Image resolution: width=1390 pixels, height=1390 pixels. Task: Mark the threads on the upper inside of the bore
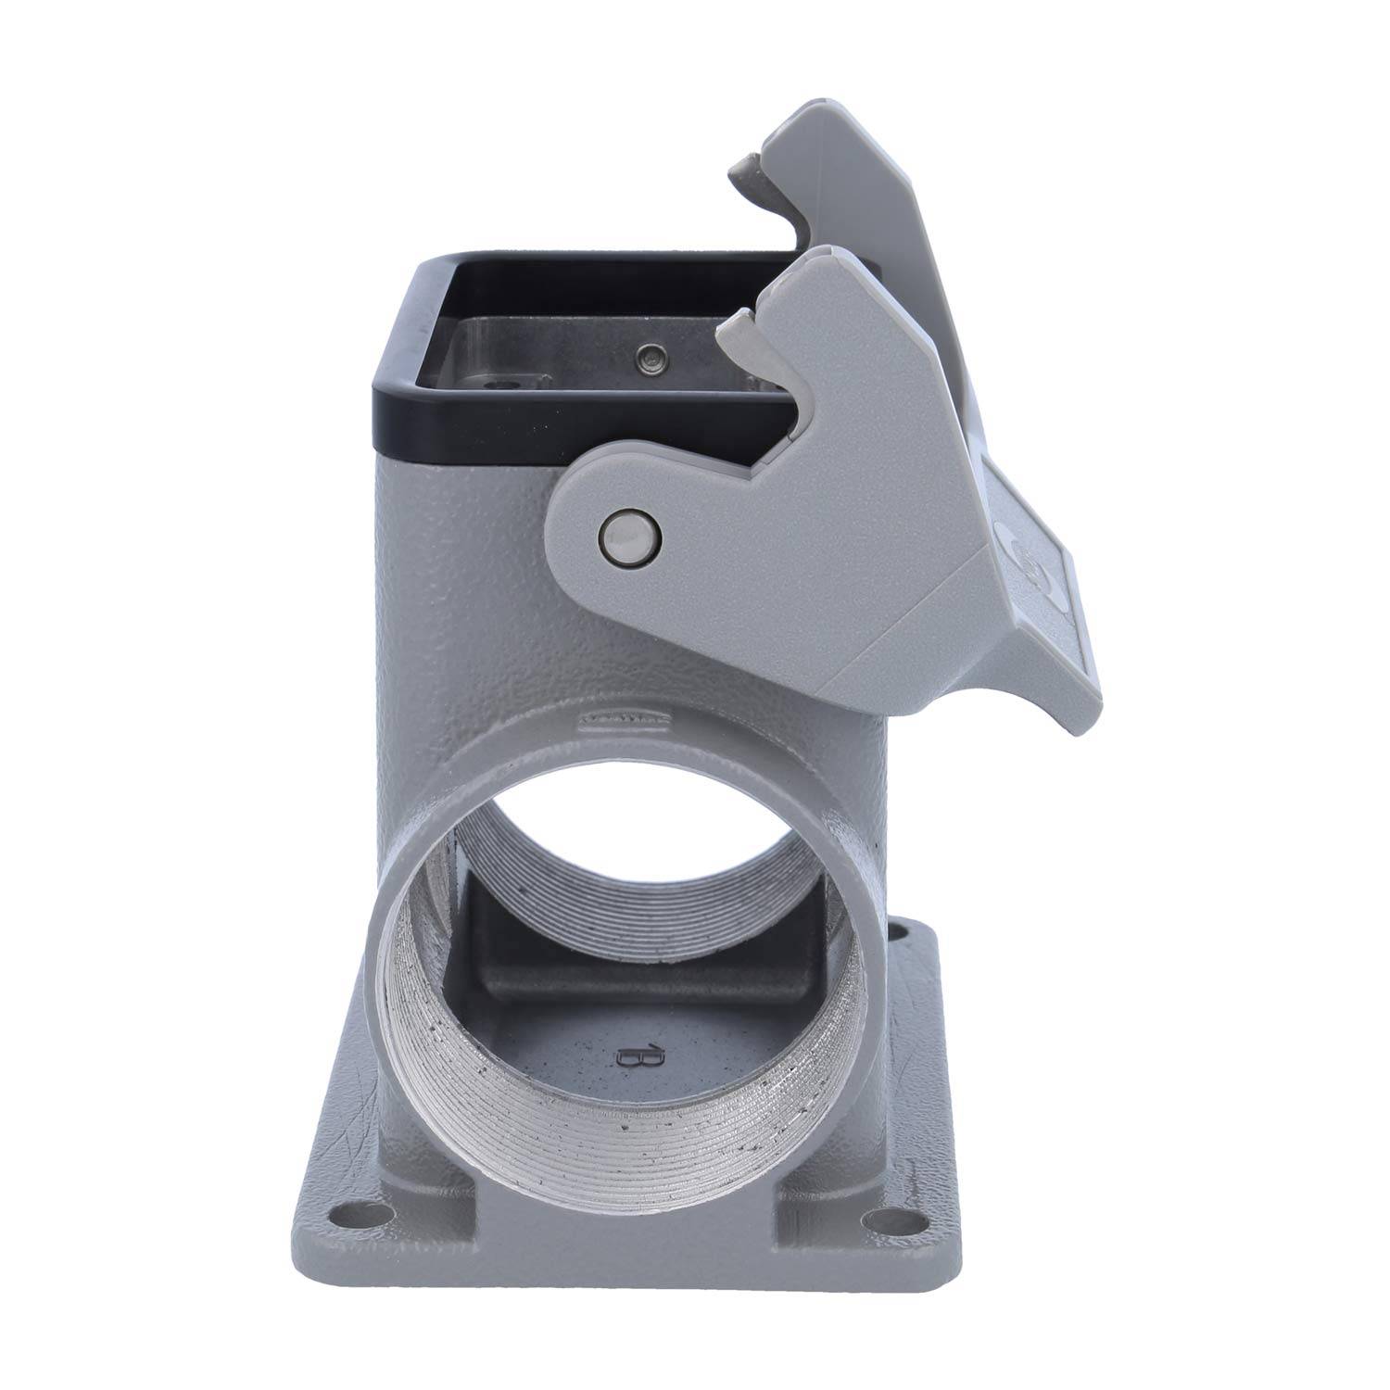click(649, 815)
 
